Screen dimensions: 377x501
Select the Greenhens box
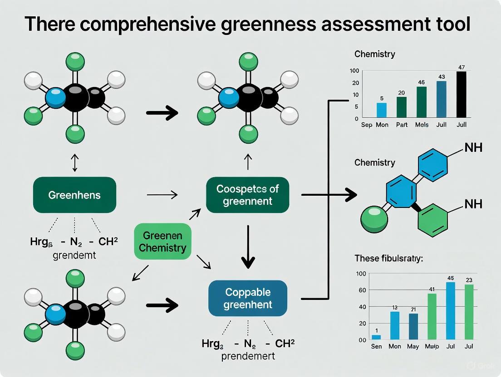tap(75, 195)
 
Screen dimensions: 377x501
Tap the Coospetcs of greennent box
tap(247, 195)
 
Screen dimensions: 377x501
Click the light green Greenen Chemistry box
tap(162, 242)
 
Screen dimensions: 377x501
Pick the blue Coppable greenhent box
tap(248, 298)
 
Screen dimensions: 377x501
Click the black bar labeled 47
tap(461, 95)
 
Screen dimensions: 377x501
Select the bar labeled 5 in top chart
tap(382, 110)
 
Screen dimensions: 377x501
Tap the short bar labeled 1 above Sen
tap(376, 337)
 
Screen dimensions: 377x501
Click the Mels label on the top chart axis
tap(422, 125)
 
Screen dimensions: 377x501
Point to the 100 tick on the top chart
tap(354, 71)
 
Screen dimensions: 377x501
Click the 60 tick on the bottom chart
tap(361, 290)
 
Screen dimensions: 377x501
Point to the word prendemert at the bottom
tap(248, 356)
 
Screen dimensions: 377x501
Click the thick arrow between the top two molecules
tap(162, 113)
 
